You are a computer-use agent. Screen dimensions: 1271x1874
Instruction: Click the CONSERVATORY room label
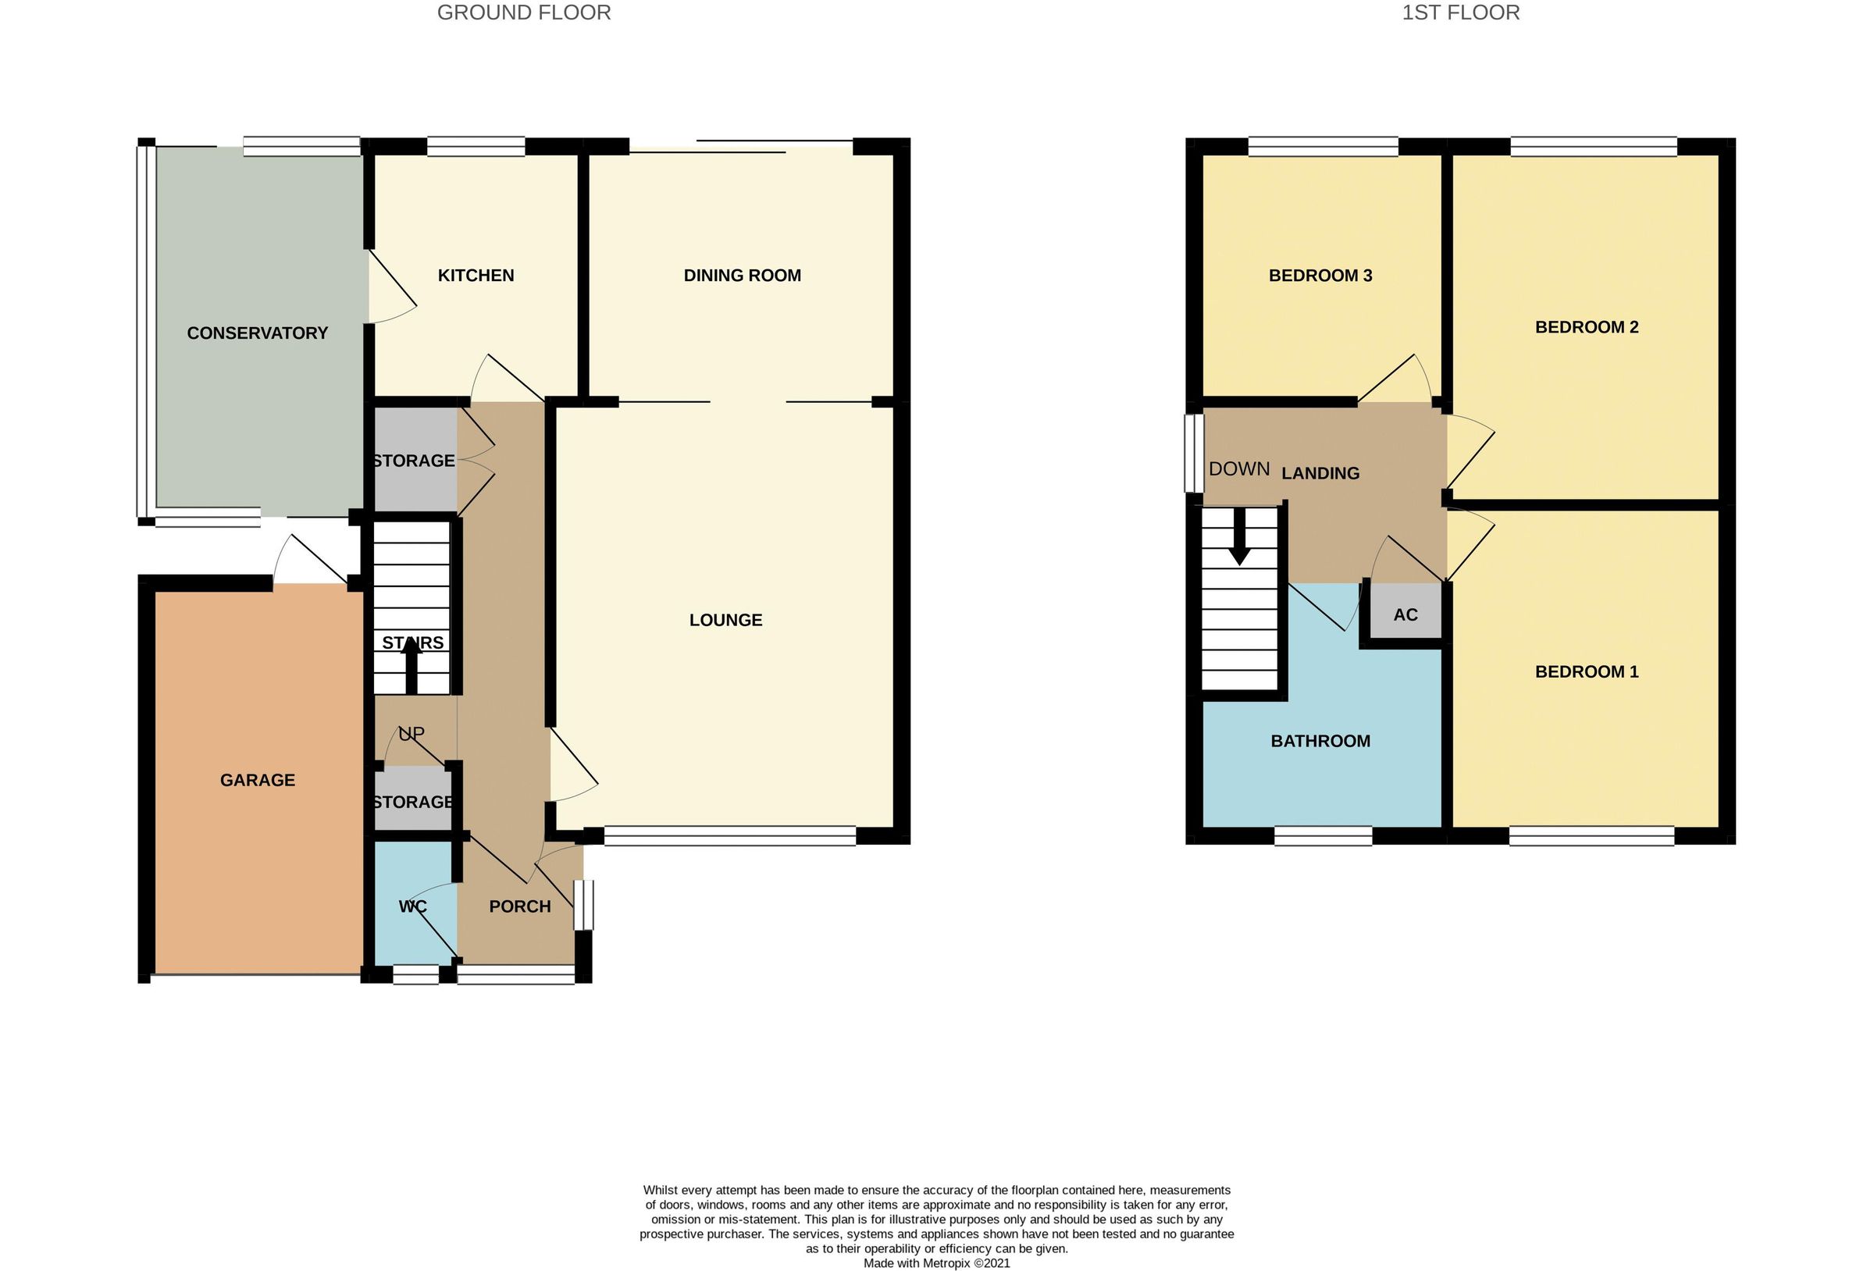tap(257, 333)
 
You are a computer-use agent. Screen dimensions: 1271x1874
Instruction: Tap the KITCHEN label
tap(476, 275)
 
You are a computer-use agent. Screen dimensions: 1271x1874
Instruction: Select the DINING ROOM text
tap(742, 275)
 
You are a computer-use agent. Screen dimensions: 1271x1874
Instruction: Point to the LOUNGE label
tap(725, 619)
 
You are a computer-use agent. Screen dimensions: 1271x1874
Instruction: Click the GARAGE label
tap(257, 780)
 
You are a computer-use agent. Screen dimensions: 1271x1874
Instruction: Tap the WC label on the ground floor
tap(413, 906)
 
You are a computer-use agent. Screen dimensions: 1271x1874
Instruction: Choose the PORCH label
tap(520, 906)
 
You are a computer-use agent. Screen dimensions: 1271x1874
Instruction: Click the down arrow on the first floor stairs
tap(1239, 536)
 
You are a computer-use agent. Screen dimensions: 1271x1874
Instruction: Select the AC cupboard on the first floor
tap(1405, 614)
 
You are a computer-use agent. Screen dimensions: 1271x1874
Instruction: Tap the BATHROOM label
tap(1320, 740)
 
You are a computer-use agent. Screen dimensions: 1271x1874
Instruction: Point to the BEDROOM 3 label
tap(1320, 275)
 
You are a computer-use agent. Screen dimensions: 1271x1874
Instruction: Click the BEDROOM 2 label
tap(1586, 326)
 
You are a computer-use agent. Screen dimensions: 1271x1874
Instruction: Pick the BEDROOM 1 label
tap(1586, 671)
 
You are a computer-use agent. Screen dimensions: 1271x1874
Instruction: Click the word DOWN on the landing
tap(1239, 468)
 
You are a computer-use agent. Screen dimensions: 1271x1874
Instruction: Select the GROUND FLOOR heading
tap(523, 13)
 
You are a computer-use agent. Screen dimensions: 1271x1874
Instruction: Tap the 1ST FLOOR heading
tap(1460, 13)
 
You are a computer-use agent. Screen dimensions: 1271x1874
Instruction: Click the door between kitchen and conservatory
tap(392, 288)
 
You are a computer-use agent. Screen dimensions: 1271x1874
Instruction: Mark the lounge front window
tap(730, 835)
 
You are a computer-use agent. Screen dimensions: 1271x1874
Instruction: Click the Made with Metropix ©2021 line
tap(936, 1263)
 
